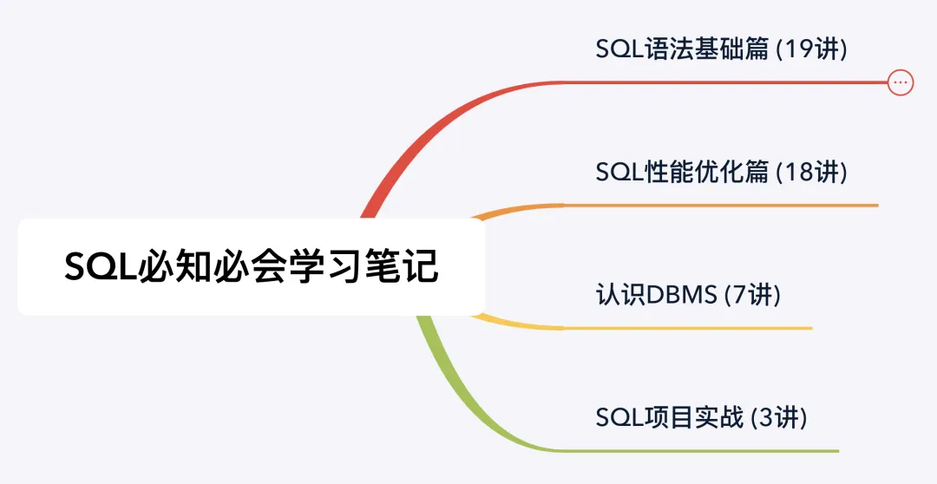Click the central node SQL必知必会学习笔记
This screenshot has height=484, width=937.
[x=252, y=266]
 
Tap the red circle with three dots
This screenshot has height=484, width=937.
[x=901, y=82]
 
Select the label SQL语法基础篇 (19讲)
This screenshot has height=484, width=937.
[x=721, y=49]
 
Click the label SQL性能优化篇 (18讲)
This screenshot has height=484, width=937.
[x=721, y=172]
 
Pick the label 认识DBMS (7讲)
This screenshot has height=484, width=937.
[x=688, y=295]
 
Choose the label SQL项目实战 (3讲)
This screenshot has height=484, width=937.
[x=702, y=418]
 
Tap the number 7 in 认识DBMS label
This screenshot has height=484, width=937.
[x=740, y=295]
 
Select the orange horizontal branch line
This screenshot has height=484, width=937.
[x=720, y=206]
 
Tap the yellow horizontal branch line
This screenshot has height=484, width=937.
[x=685, y=328]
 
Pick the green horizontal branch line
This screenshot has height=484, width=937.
[x=694, y=451]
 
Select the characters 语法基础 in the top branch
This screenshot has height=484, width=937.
[x=695, y=49]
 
